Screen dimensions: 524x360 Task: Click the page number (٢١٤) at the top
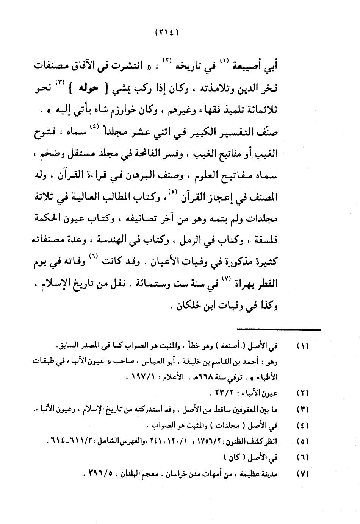167,33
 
